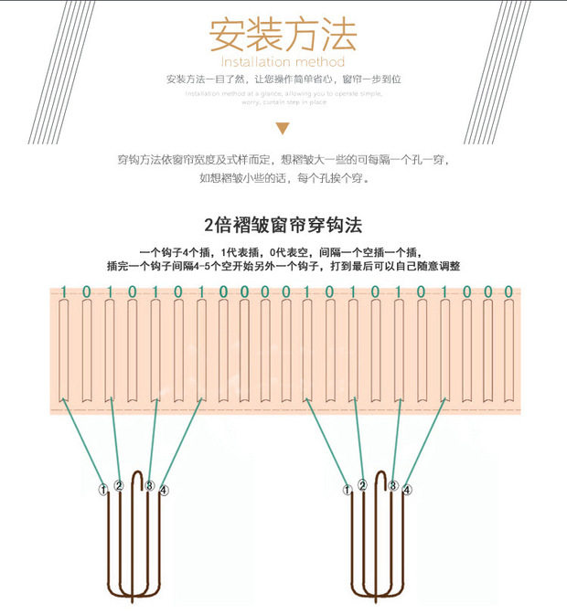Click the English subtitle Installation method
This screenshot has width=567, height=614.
[283, 62]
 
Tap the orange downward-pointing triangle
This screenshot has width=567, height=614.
[283, 129]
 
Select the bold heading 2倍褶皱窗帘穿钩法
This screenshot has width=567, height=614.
[283, 224]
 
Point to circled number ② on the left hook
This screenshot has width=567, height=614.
[119, 485]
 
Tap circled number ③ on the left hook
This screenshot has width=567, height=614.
[149, 485]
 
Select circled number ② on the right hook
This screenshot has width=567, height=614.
[362, 485]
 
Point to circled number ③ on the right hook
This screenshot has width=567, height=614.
[392, 485]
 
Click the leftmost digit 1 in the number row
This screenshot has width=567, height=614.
[63, 291]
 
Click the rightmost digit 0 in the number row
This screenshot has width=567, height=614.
[509, 291]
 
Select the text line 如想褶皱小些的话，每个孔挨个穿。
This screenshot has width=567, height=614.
[283, 179]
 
